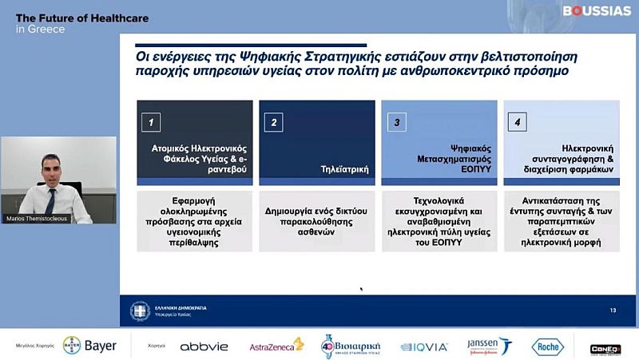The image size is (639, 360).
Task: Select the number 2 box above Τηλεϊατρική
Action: click(274, 122)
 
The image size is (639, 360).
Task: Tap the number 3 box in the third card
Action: click(396, 122)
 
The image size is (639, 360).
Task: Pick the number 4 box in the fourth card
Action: click(518, 122)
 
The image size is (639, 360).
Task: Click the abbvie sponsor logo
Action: click(204, 346)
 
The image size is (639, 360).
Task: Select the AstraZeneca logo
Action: click(276, 346)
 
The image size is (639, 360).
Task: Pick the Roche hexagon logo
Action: click(548, 346)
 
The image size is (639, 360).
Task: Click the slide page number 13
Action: click(613, 310)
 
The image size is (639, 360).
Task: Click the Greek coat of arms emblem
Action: click(141, 310)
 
